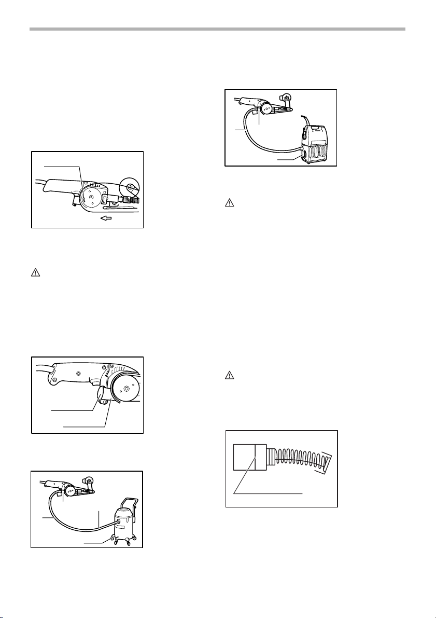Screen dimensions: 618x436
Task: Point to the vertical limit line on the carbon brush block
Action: tap(256, 457)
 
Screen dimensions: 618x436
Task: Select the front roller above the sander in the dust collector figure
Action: tap(284, 99)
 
